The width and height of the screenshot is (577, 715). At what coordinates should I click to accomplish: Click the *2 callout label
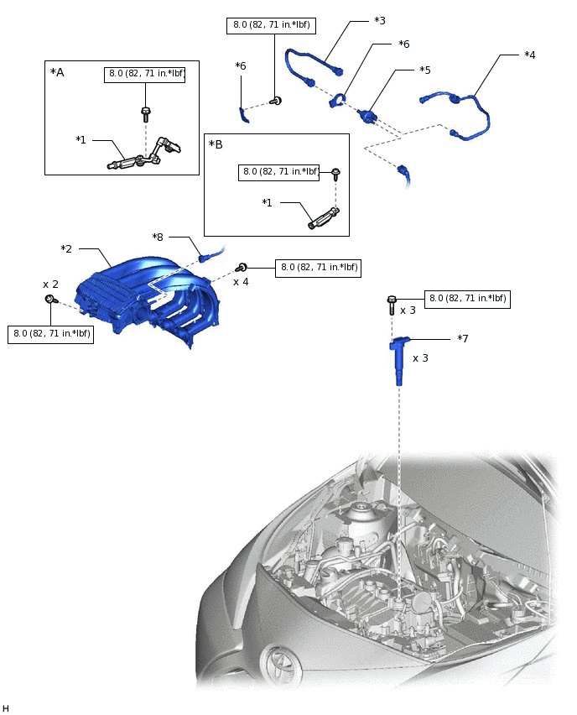coord(66,249)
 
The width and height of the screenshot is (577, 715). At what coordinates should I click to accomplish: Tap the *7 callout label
coord(463,338)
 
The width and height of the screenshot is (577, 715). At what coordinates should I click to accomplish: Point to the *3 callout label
coord(379,19)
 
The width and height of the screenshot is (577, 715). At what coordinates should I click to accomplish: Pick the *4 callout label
coord(529,55)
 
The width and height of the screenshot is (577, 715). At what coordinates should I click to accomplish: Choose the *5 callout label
coord(425,70)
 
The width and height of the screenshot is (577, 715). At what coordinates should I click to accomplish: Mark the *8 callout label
coord(158,237)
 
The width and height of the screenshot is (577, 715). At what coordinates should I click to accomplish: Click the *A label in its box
coord(57,72)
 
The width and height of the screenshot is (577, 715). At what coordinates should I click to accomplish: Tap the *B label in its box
coord(216,145)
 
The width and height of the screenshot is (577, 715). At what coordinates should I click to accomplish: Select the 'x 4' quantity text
coord(241,282)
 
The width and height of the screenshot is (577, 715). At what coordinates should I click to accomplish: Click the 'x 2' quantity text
coord(50,284)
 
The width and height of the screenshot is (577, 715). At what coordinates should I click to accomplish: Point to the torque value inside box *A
coord(146,74)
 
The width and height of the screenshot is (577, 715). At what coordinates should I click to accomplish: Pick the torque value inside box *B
coord(280,172)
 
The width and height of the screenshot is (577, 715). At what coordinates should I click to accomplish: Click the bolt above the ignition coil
coord(392,304)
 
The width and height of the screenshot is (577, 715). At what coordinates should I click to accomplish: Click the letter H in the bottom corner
coord(6,708)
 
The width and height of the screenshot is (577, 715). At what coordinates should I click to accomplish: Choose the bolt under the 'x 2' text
coord(52,300)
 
